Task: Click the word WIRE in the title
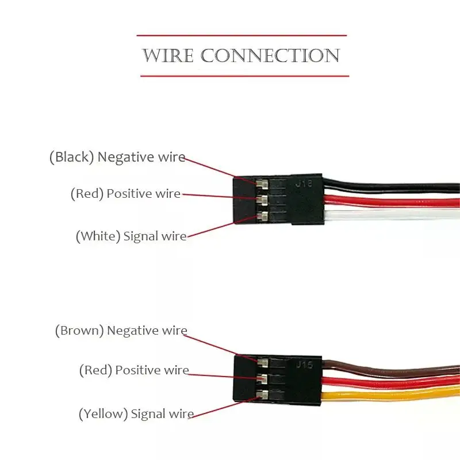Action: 167,56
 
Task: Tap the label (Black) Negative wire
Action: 117,157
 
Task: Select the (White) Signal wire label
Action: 131,236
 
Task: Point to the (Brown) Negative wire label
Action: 121,331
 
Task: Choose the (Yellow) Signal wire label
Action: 136,413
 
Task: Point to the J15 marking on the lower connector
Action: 304,364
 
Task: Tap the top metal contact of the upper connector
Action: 263,184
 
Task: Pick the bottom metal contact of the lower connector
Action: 263,395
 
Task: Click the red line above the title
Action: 241,36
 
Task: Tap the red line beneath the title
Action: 244,76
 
